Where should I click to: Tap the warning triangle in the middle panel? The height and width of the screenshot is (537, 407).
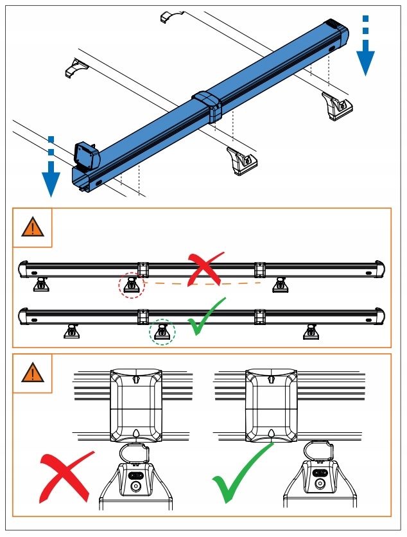click(x=33, y=227)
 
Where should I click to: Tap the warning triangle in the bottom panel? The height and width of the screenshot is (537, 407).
click(x=33, y=373)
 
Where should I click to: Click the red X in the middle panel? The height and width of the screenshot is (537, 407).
click(x=205, y=268)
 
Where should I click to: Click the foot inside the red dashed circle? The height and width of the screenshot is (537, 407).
click(x=132, y=285)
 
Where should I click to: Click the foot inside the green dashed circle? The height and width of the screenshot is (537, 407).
click(x=162, y=331)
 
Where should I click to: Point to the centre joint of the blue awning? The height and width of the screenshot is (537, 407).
click(x=207, y=106)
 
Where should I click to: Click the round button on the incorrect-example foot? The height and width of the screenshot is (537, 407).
click(x=135, y=486)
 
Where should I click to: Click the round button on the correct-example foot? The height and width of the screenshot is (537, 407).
click(x=320, y=486)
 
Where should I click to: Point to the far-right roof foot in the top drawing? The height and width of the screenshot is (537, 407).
click(x=336, y=105)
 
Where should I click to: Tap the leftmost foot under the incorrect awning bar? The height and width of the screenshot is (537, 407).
click(x=41, y=283)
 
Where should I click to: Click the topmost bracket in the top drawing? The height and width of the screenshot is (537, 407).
click(x=171, y=17)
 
